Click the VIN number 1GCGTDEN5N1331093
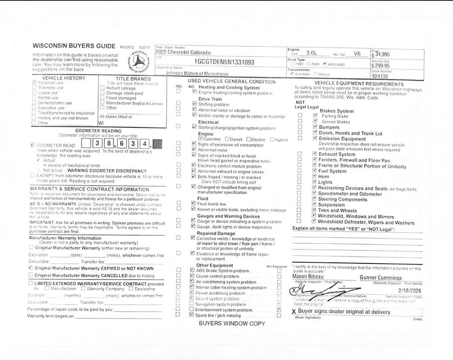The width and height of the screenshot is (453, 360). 224,62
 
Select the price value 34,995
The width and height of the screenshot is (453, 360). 382,55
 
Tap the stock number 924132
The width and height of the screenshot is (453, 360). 380,76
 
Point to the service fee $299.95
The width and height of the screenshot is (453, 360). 381,65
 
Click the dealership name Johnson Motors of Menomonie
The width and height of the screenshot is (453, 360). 197,74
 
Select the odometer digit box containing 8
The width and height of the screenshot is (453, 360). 108,144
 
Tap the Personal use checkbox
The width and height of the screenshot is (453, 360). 35,83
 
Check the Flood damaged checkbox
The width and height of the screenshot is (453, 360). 103,98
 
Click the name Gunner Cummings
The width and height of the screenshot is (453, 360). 380,277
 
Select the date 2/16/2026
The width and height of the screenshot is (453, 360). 410,291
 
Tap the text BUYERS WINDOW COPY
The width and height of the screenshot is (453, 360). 232,323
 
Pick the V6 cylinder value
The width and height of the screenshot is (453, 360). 357,54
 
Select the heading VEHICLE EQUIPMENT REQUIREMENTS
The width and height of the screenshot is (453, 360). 358,84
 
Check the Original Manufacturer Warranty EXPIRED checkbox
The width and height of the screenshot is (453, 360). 31,268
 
